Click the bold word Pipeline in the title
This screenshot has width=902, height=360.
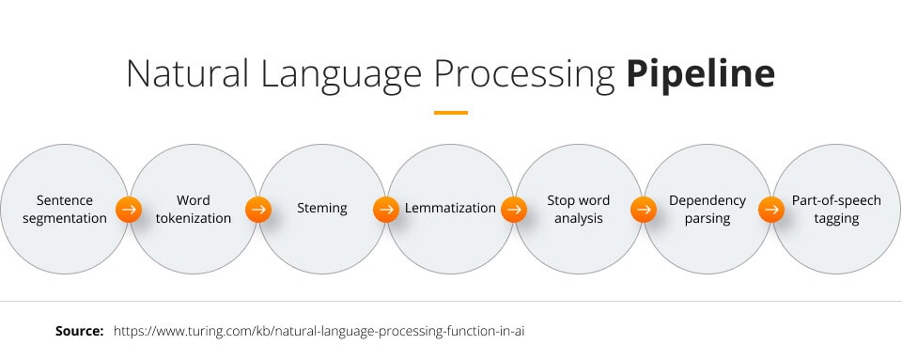[x=701, y=73]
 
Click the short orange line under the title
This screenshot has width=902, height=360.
[x=451, y=113]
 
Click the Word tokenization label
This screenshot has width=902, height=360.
[x=193, y=210]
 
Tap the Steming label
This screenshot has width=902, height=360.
[x=321, y=209]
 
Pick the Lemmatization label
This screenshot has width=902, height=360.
[x=450, y=209]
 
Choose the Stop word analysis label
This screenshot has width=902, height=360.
[x=579, y=210]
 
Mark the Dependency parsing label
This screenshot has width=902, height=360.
[x=708, y=210]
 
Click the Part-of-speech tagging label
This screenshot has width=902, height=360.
[x=836, y=210]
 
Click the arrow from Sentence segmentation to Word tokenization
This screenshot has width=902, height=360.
[x=129, y=210]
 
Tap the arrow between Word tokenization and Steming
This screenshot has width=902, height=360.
[x=257, y=210]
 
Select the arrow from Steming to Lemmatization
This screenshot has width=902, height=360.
[x=386, y=210]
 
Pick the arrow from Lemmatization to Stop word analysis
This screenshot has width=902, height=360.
[x=515, y=210]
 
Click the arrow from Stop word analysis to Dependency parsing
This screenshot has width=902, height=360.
[x=644, y=210]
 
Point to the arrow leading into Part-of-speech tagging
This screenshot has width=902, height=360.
[x=772, y=210]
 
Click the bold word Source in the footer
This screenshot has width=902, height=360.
[x=79, y=332]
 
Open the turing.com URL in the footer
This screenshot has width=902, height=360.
[x=324, y=332]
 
